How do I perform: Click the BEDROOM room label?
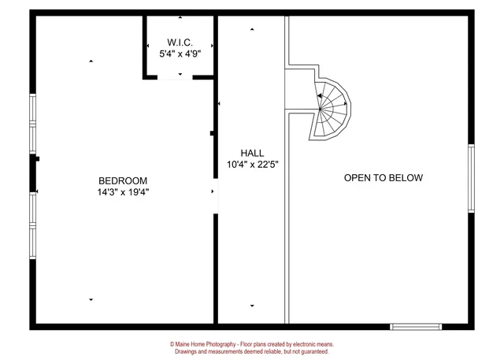[123, 180]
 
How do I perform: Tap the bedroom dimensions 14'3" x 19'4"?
[123, 191]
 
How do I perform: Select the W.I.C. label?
[180, 42]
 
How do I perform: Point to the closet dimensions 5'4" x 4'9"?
[180, 54]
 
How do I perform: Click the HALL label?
[252, 153]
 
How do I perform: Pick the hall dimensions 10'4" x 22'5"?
[252, 165]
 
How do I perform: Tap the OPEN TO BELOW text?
[384, 178]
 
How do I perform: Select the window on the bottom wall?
[417, 326]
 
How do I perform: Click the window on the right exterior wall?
[471, 179]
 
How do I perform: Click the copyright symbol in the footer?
[172, 344]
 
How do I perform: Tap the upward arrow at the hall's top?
[252, 29]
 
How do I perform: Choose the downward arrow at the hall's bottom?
[252, 306]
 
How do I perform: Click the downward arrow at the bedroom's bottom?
[91, 299]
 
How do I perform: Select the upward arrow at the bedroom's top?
[91, 61]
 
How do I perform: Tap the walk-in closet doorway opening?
[180, 76]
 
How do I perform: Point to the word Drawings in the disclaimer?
[186, 352]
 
